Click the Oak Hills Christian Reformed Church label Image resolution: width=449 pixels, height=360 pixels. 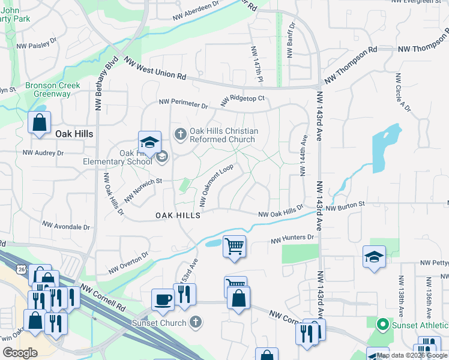tap(224, 135)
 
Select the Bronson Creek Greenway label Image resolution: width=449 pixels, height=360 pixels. tap(52, 89)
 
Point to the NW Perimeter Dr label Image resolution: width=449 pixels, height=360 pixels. tap(183, 104)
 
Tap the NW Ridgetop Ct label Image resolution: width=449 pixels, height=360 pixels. tap(243, 99)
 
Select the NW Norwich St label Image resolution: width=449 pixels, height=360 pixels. tap(143, 189)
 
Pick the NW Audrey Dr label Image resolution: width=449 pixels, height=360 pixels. tap(43, 153)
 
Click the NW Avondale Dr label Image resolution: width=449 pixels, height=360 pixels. tap(66, 227)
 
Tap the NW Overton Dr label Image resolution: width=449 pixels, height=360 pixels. tap(128, 262)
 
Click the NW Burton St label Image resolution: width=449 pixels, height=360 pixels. tap(345, 205)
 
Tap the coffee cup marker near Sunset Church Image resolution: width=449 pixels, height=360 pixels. tap(163, 298)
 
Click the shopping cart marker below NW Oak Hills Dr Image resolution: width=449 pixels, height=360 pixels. tap(234, 245)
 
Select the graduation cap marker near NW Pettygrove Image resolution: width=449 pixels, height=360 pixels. tap(374, 257)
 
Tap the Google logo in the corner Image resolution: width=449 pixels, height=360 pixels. tap(20, 353)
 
